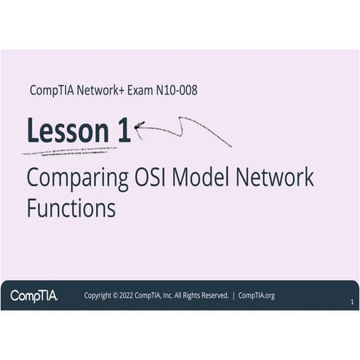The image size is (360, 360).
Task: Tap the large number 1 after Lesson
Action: [x=124, y=131]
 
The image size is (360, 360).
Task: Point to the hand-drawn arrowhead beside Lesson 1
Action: [x=139, y=126]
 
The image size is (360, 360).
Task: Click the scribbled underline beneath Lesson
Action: [x=69, y=151]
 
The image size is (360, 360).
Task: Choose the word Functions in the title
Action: [x=71, y=208]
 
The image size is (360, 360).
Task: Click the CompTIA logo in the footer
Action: [x=33, y=295]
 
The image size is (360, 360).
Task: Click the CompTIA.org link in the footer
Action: [x=257, y=295]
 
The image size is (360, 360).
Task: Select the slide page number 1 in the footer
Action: [x=352, y=301]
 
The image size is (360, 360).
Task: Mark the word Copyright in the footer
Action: [x=101, y=295]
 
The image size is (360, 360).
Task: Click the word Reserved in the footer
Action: [x=212, y=295]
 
